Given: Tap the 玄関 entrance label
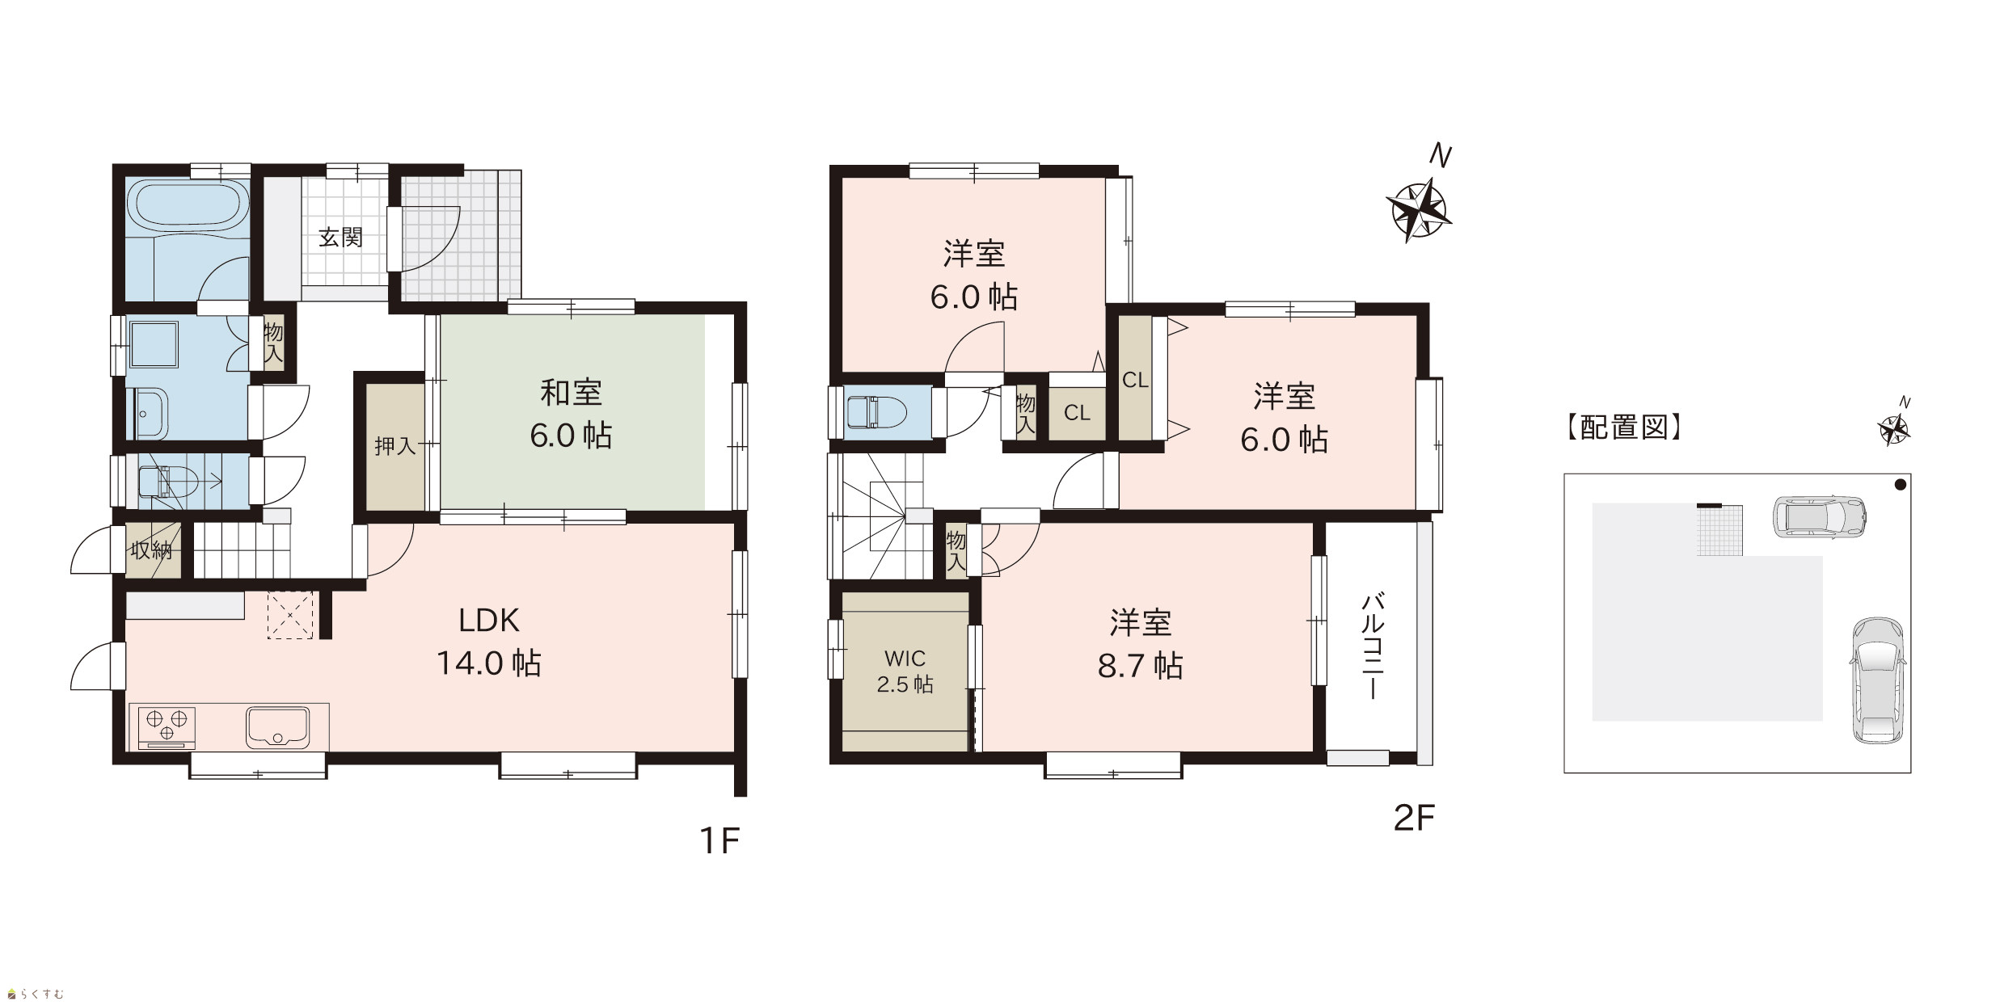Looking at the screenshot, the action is (x=340, y=238).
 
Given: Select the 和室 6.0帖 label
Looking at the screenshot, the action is (x=571, y=414).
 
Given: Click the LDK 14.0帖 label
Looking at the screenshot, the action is (x=489, y=642).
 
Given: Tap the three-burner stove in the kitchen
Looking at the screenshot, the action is (x=167, y=726).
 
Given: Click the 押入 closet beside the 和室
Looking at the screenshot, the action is (x=395, y=446).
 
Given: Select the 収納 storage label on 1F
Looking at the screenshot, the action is (x=152, y=551).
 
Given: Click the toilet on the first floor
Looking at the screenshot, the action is (x=168, y=483).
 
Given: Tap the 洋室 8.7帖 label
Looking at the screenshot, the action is (x=1141, y=645).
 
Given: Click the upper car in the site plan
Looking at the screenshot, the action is (x=1819, y=516).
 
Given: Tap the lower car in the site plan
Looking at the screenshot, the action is (x=1877, y=680).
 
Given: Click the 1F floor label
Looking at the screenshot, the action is (x=719, y=842).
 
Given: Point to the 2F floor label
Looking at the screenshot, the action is (x=1414, y=819).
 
